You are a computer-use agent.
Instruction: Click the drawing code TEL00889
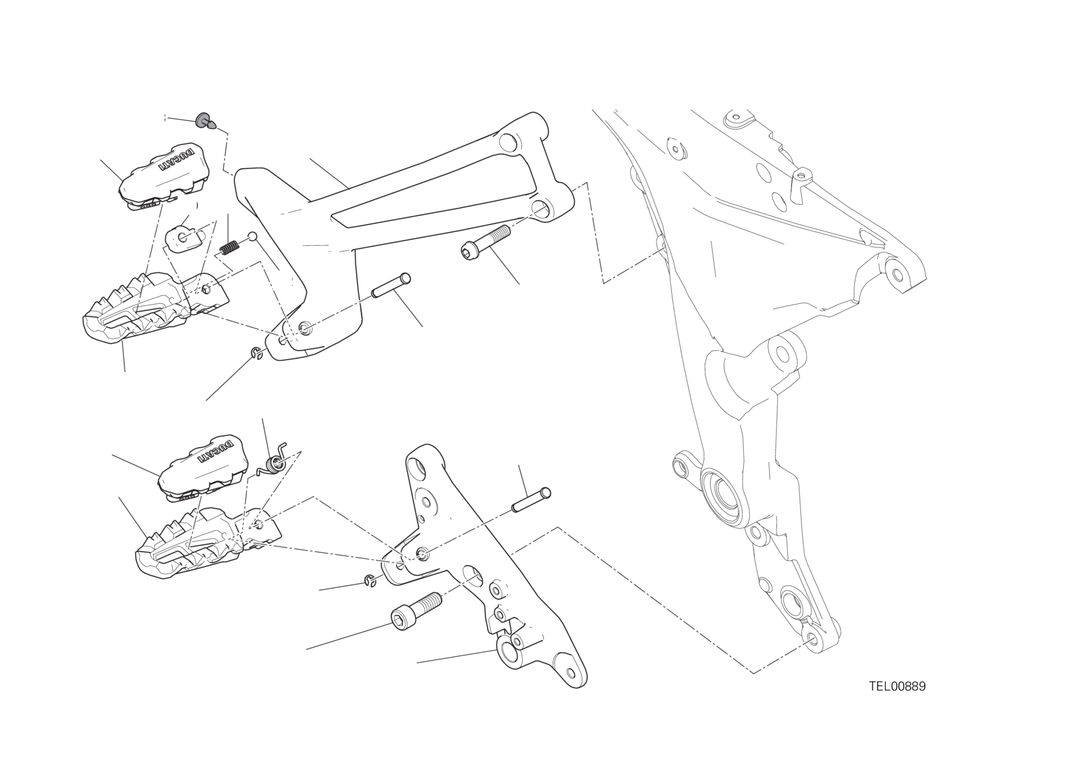point(897,686)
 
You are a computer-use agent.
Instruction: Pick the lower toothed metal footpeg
point(208,543)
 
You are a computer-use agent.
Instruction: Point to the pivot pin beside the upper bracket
point(391,285)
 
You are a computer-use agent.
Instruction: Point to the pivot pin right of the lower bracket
point(531,500)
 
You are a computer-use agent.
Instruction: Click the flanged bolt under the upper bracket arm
point(486,242)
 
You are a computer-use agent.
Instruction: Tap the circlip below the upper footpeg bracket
point(257,353)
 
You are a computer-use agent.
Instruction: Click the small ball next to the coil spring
point(253,236)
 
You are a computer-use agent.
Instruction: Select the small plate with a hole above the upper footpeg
point(183,238)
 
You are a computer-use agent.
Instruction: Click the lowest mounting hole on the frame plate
point(812,637)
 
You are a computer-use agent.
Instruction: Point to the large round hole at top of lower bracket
point(419,467)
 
